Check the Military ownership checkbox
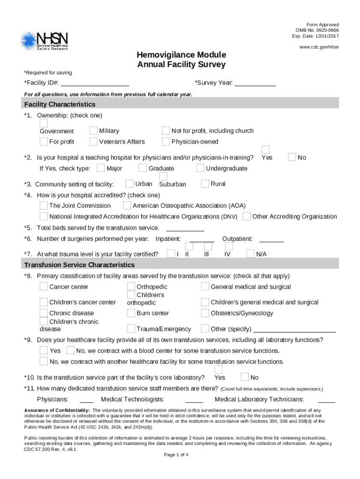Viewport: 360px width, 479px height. (x=94, y=131)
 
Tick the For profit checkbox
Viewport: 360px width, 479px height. (x=43, y=141)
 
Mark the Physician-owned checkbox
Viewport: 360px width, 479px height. (x=166, y=141)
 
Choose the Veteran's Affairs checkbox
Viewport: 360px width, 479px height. (x=94, y=141)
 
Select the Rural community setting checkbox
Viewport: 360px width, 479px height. (x=205, y=184)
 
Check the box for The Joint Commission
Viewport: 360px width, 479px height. (x=43, y=205)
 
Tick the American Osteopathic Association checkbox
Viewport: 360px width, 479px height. (x=127, y=205)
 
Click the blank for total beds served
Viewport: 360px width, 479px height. (x=185, y=228)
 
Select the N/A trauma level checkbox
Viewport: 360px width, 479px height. (x=250, y=254)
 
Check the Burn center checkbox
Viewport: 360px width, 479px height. (x=131, y=313)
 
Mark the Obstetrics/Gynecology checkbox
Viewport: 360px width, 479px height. (x=205, y=313)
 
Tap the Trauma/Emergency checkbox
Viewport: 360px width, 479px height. (x=131, y=329)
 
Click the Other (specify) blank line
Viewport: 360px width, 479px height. (x=294, y=329)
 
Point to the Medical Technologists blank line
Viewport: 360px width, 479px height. (x=194, y=399)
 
